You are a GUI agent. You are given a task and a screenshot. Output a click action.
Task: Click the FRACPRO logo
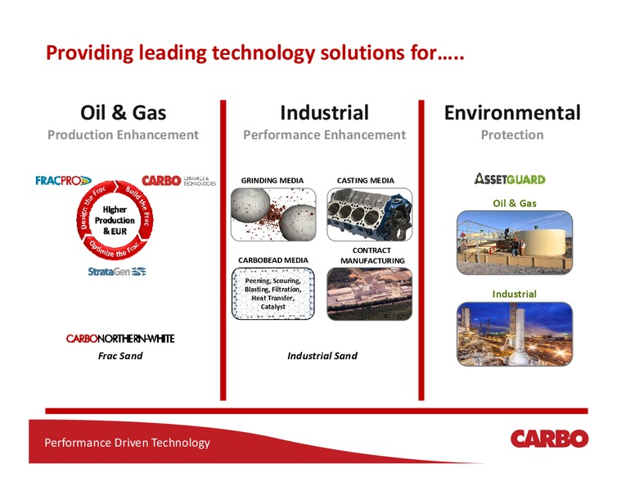click(x=63, y=180)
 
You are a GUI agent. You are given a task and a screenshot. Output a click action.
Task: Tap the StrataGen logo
click(x=117, y=272)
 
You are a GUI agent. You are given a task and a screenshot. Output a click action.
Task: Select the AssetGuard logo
click(x=510, y=178)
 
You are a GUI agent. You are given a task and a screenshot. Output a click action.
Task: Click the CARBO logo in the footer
click(x=549, y=439)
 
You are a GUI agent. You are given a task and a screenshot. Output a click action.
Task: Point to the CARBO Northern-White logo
click(x=120, y=338)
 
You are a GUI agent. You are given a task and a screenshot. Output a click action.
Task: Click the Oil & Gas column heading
click(x=123, y=113)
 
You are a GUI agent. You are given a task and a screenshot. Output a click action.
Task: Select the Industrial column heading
click(x=324, y=113)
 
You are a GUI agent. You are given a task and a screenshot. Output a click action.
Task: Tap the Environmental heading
click(x=512, y=113)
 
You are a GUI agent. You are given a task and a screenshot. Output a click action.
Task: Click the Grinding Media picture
click(x=273, y=214)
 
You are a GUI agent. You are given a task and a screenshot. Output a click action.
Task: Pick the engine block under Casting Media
click(x=369, y=214)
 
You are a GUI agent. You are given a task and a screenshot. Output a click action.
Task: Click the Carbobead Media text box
click(x=273, y=294)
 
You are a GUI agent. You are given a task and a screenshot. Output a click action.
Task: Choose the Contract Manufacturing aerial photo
click(x=369, y=294)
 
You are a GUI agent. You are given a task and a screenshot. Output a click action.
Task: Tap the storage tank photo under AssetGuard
click(x=515, y=242)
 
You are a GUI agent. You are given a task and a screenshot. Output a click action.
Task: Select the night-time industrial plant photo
click(x=515, y=334)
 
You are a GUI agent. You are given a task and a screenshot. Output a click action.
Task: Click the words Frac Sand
click(x=120, y=356)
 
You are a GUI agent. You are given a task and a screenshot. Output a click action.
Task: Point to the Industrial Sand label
click(x=322, y=356)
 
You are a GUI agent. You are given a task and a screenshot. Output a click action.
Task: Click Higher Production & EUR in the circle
click(x=115, y=220)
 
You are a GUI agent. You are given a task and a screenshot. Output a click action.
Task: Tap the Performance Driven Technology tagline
click(x=127, y=443)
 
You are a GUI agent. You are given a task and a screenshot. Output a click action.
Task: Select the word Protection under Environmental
click(x=512, y=134)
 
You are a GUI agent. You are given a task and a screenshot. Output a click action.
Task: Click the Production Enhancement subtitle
click(x=123, y=134)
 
